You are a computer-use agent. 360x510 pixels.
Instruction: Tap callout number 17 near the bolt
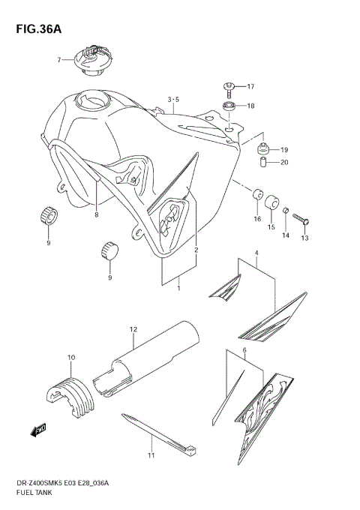[250, 86]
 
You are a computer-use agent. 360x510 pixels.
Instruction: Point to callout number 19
[284, 148]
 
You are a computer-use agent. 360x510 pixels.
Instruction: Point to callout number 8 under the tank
[96, 215]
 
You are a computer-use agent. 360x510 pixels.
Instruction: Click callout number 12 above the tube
[133, 328]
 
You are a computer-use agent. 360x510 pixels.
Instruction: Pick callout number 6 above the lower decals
[244, 350]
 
